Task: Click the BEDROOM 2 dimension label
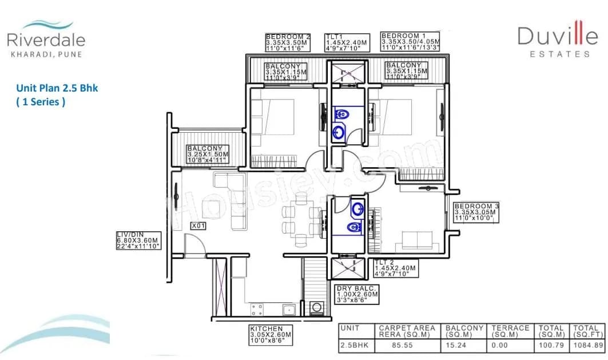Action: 288,43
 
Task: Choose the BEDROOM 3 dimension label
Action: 476,212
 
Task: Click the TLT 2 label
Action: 395,268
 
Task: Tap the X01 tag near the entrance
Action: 198,226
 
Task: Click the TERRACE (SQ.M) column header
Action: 510,331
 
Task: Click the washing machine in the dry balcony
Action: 316,308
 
